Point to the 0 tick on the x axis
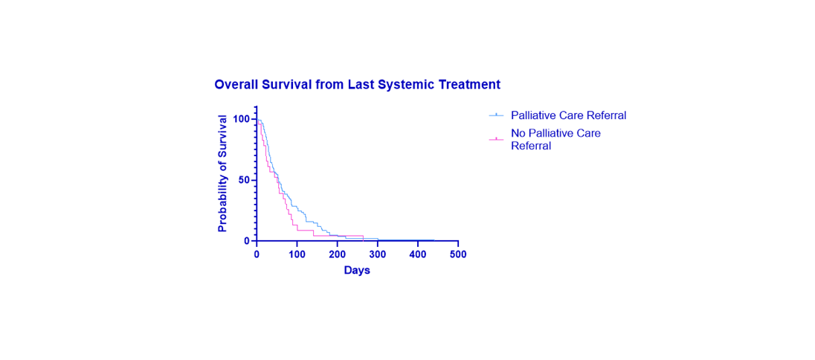tap(257, 254)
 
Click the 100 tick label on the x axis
tap(297, 254)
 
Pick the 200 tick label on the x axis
tap(338, 254)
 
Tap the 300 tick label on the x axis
tap(377, 254)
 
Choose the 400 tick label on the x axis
tap(418, 254)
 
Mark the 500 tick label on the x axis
tap(458, 254)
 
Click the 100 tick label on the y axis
tap(241, 119)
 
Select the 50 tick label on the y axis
tap(244, 180)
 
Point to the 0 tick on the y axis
tap(246, 241)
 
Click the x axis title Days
tap(357, 271)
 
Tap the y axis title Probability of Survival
tap(222, 173)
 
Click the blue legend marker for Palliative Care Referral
tap(497, 115)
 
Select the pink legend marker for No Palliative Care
tap(497, 139)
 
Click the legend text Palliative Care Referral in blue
tap(569, 115)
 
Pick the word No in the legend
tap(518, 132)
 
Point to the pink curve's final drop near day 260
tap(363, 238)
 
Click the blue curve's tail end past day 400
tap(434, 240)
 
